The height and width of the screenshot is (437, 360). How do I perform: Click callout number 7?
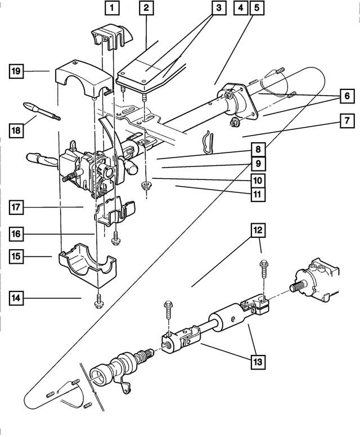346,120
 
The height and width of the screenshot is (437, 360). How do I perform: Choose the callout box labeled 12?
259,231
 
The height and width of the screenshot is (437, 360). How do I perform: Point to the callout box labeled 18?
17,130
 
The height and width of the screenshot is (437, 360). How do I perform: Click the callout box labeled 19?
17,71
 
